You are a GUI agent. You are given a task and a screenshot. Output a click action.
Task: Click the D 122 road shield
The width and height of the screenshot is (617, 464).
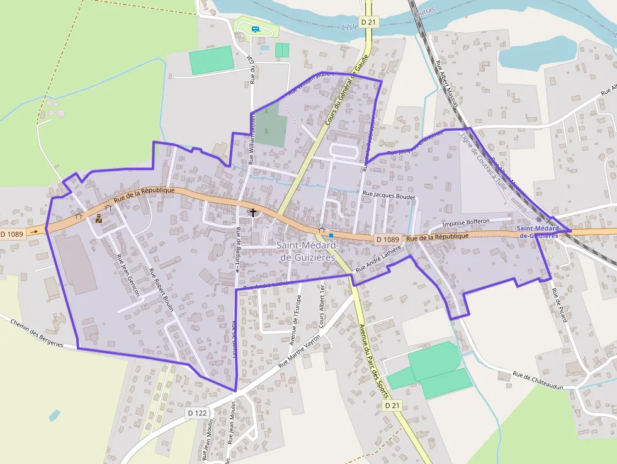197,412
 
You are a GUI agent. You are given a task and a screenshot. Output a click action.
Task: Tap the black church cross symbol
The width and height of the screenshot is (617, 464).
253,212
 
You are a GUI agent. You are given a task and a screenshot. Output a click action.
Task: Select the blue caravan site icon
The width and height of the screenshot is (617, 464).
256,29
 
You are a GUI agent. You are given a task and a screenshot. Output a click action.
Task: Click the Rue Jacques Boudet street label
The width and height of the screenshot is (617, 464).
390,196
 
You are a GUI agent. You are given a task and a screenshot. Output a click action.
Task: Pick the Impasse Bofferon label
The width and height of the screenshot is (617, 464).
466,224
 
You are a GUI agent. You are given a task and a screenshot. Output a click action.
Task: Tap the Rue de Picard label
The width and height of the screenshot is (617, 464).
559,305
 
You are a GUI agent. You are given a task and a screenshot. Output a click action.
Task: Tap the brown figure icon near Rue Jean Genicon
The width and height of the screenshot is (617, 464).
98,218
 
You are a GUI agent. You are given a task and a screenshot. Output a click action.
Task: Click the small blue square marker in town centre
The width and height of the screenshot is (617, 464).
331,235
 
